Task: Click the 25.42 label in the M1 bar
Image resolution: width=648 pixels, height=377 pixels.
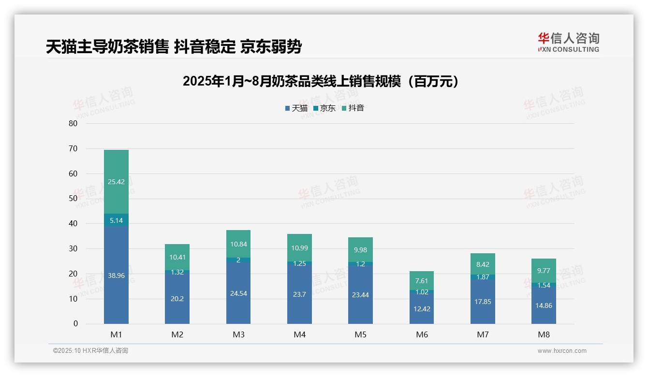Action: (116, 182)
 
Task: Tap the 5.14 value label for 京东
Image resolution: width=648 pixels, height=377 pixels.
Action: (116, 220)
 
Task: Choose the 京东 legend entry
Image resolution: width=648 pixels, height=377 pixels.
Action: (324, 108)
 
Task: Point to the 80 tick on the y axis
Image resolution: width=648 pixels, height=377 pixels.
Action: (73, 123)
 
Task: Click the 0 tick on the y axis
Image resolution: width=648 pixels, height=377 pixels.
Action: (75, 324)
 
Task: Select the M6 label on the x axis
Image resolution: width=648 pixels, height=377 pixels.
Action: (422, 334)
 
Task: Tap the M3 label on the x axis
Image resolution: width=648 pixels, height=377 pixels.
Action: (238, 334)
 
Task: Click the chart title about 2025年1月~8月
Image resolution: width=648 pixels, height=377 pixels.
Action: (321, 81)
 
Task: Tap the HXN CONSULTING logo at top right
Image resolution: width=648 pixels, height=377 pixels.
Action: (568, 42)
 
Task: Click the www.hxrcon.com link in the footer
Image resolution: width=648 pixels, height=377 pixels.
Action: (562, 351)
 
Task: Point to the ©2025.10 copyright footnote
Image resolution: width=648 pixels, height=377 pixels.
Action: (90, 351)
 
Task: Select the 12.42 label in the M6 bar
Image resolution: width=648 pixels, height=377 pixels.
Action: (422, 309)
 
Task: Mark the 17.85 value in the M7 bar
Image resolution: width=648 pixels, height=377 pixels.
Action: (483, 302)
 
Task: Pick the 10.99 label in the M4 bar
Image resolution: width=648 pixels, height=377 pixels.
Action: (299, 248)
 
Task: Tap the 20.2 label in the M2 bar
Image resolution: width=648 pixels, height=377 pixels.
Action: (177, 299)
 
